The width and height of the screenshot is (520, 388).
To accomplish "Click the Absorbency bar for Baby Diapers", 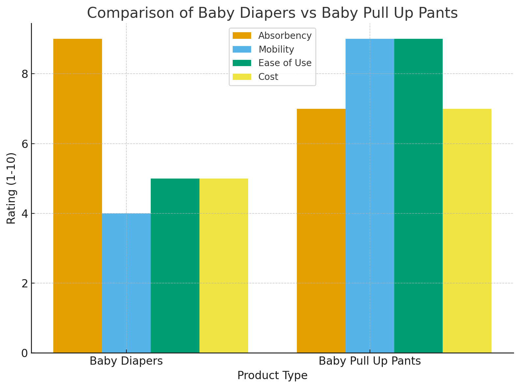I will (x=77, y=196).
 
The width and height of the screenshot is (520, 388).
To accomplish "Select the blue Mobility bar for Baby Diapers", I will (x=126, y=283).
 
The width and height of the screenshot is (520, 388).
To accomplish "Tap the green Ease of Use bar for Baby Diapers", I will (x=175, y=266).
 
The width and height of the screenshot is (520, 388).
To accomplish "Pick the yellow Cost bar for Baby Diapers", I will (x=223, y=266).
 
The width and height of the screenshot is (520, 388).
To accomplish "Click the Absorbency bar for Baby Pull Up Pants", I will (x=321, y=231).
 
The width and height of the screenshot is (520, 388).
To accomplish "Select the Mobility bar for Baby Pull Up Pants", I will (x=370, y=196).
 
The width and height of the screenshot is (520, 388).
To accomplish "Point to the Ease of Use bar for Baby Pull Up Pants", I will (x=418, y=196).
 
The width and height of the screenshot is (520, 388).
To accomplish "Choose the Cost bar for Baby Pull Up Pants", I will (x=467, y=231).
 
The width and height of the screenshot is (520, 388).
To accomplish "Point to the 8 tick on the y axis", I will (x=24, y=74).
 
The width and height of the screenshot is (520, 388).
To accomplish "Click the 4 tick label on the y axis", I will (x=24, y=214).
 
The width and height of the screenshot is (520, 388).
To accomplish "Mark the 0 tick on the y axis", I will (x=24, y=353).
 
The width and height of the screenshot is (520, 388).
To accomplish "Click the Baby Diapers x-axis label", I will (x=126, y=361).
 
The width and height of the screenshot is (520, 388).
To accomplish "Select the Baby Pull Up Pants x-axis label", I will (x=370, y=361).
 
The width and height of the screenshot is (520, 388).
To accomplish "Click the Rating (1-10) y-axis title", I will (x=12, y=188).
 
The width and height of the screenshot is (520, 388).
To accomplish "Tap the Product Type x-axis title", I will (x=272, y=376).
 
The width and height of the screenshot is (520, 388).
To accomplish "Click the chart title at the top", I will (x=272, y=13).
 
